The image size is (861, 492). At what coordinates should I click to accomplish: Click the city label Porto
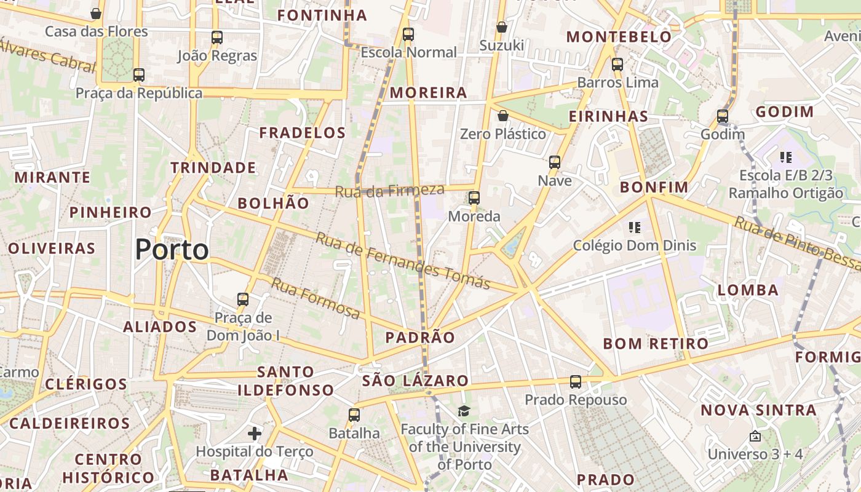coord(172,250)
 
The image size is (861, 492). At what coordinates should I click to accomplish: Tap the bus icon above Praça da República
coord(139,75)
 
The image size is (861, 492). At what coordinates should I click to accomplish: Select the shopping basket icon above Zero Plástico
coord(503,116)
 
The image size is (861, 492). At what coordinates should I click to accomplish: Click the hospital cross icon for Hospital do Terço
coord(255,434)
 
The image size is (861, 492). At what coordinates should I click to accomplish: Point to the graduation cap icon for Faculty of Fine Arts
coord(464,411)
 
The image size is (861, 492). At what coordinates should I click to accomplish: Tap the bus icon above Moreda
coord(474,198)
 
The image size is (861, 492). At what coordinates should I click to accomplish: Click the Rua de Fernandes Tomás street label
coord(403,261)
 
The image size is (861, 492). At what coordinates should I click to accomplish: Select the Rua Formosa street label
coord(315,299)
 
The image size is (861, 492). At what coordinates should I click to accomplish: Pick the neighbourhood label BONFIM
coord(654,187)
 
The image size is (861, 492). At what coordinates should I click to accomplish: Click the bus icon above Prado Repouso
coord(576,382)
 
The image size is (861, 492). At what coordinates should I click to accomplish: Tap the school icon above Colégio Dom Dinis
coord(635,228)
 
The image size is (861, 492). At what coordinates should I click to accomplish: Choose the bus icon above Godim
coord(723,116)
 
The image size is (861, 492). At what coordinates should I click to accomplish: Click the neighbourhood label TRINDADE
coord(213,167)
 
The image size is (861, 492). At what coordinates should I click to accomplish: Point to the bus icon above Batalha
coord(354,415)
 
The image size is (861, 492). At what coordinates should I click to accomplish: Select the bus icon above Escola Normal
coord(408,34)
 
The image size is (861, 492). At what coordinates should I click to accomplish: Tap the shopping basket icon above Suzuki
coord(502,27)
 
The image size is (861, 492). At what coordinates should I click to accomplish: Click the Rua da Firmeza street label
coord(389,191)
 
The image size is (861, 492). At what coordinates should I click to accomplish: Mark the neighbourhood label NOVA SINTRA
coord(759,410)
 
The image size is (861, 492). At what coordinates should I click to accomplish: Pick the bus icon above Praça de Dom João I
coord(243,300)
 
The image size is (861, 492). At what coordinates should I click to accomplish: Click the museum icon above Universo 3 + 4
coord(755,436)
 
